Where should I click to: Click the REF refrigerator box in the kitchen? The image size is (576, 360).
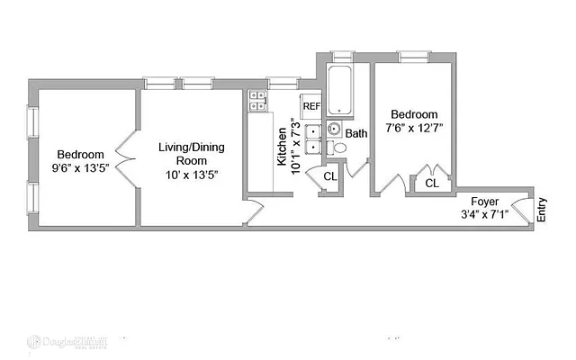(x=310, y=105)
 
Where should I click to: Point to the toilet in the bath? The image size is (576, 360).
(x=339, y=148)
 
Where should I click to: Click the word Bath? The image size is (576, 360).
(x=357, y=134)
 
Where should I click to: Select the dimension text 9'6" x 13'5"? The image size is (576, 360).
(x=81, y=166)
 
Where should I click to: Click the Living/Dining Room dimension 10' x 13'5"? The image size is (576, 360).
(x=191, y=174)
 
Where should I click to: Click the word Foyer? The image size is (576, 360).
(x=484, y=201)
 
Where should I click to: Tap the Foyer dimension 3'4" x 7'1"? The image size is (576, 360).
(x=484, y=214)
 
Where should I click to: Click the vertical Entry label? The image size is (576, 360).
(x=542, y=211)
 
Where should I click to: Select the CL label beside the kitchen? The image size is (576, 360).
(x=330, y=176)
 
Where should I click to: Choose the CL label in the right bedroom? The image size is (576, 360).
(x=431, y=183)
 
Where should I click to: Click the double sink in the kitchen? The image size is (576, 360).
(x=311, y=140)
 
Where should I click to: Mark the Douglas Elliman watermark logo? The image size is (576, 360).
(x=67, y=342)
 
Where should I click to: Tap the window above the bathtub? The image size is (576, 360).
(x=342, y=55)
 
